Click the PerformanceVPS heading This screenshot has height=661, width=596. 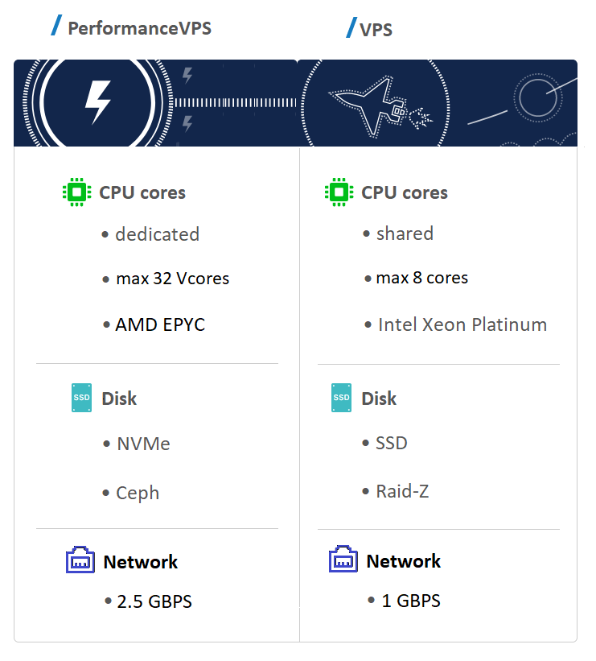[x=138, y=29]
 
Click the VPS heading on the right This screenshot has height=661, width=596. [x=376, y=31]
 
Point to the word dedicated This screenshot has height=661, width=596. [x=157, y=234]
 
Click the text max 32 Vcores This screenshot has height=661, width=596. [x=172, y=279]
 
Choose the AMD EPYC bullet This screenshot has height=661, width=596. [x=159, y=324]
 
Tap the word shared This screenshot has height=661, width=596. [x=405, y=233]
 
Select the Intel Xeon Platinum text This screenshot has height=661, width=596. [x=462, y=324]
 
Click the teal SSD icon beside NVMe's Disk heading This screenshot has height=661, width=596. [x=81, y=398]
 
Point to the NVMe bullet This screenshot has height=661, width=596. [x=142, y=444]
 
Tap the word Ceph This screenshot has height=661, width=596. [x=138, y=493]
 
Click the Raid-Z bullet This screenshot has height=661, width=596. [x=402, y=491]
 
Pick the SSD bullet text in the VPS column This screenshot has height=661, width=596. [x=392, y=443]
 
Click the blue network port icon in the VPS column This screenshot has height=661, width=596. [x=343, y=560]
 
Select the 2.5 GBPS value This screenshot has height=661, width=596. [x=154, y=601]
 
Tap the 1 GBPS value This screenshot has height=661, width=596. [x=411, y=601]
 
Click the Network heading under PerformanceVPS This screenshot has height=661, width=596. [x=141, y=561]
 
